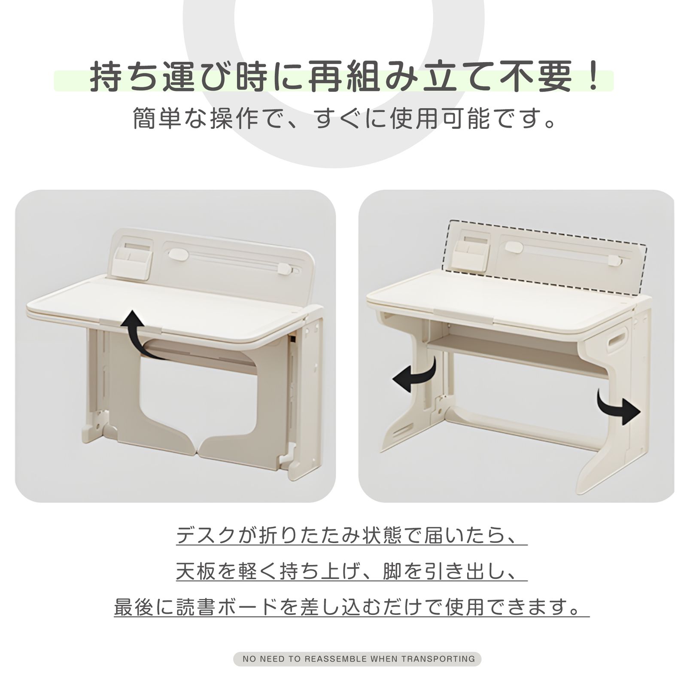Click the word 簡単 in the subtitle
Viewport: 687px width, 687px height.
click(x=157, y=119)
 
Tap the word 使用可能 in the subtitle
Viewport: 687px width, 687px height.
click(x=439, y=119)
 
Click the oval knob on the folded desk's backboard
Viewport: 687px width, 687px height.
click(x=178, y=255)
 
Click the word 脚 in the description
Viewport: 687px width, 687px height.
click(x=392, y=571)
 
